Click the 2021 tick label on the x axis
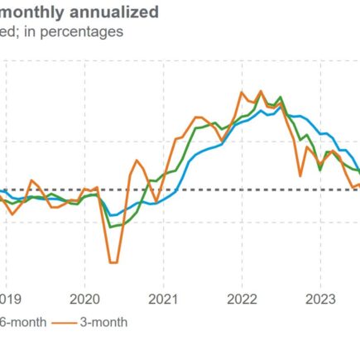(162, 300)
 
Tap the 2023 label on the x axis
(319, 300)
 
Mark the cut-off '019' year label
(11, 300)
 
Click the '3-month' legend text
(103, 322)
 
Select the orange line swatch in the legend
(64, 322)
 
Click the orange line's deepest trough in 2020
(113, 262)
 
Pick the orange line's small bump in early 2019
(32, 180)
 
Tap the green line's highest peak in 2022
(281, 97)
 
